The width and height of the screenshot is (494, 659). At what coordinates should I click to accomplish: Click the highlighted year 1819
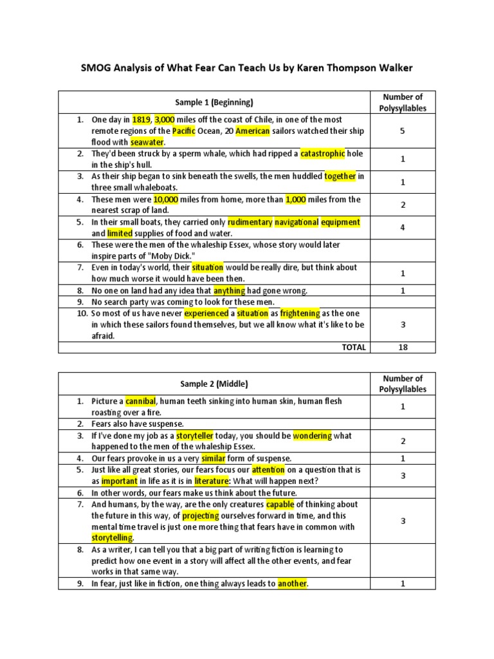141,120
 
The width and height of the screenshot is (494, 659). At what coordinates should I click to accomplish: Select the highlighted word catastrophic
322,154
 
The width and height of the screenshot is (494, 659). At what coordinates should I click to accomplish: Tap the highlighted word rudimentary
250,222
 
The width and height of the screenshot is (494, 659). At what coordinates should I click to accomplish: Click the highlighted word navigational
297,222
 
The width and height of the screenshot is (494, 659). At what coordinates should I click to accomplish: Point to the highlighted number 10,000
164,200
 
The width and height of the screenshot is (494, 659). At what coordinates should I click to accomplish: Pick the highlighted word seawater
147,142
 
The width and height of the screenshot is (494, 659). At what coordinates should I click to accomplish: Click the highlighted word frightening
300,313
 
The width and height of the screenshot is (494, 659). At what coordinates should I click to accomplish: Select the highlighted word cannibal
141,401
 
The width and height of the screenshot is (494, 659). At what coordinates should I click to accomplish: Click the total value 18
403,347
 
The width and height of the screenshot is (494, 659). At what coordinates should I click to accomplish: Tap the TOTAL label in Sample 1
354,347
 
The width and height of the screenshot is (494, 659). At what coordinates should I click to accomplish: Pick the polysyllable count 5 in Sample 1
403,131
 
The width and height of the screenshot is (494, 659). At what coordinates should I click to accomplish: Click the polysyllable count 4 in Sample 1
403,227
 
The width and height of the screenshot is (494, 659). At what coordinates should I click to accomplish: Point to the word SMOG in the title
96,66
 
